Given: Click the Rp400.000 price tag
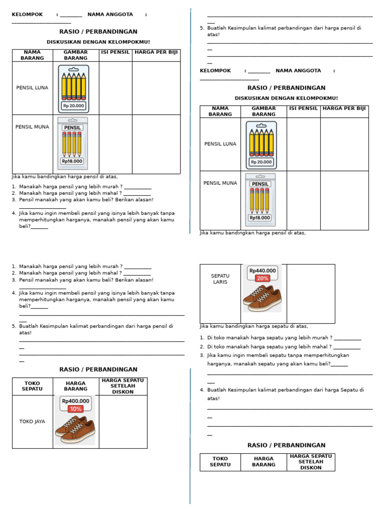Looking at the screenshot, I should (x=75, y=401).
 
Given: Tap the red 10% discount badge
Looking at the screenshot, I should (x=75, y=409).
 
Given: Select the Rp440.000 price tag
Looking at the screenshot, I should (x=263, y=271).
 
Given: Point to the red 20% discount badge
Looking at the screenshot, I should (x=262, y=279).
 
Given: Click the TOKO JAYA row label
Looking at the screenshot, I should (x=32, y=421).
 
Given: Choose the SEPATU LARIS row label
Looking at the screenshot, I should (x=220, y=279).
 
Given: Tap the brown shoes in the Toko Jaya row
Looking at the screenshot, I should (x=75, y=429).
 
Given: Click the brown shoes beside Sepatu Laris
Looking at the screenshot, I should (x=262, y=297).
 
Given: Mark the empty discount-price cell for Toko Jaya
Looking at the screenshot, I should (x=123, y=421).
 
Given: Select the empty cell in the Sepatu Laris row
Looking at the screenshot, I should (x=310, y=294).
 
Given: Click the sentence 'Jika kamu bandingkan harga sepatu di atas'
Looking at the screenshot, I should (x=254, y=326).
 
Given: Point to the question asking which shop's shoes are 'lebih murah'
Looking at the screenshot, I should (x=270, y=338).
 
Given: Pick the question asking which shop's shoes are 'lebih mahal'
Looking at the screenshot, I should (x=269, y=347).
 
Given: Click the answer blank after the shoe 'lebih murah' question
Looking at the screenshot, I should (x=347, y=339).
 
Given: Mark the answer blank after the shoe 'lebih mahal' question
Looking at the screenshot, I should (x=346, y=348).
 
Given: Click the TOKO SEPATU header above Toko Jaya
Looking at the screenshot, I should (x=32, y=386).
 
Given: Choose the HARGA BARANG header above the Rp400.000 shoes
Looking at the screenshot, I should (x=75, y=386).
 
